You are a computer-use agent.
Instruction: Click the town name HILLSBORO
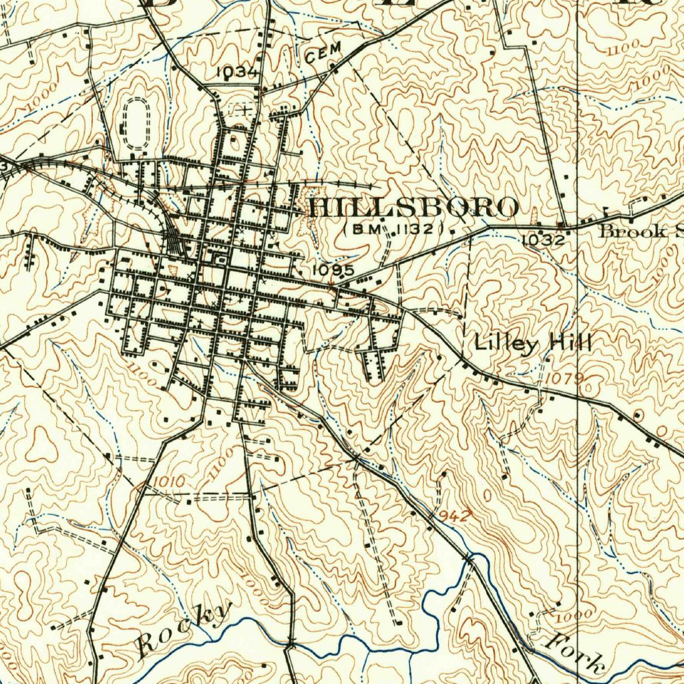point(413,208)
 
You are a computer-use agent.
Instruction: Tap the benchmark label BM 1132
point(393,229)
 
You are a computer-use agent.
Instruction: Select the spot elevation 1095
point(333,270)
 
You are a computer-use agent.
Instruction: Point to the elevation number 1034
point(237,71)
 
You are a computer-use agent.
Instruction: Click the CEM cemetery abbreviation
point(323,53)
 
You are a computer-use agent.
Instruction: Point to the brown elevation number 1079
point(564,379)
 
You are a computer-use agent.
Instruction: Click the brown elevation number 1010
point(168,482)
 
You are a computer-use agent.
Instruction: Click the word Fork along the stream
point(574,653)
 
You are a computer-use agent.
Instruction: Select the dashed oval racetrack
point(137,124)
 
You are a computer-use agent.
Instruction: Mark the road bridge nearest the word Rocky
point(291,642)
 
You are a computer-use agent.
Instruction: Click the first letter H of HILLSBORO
point(320,208)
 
